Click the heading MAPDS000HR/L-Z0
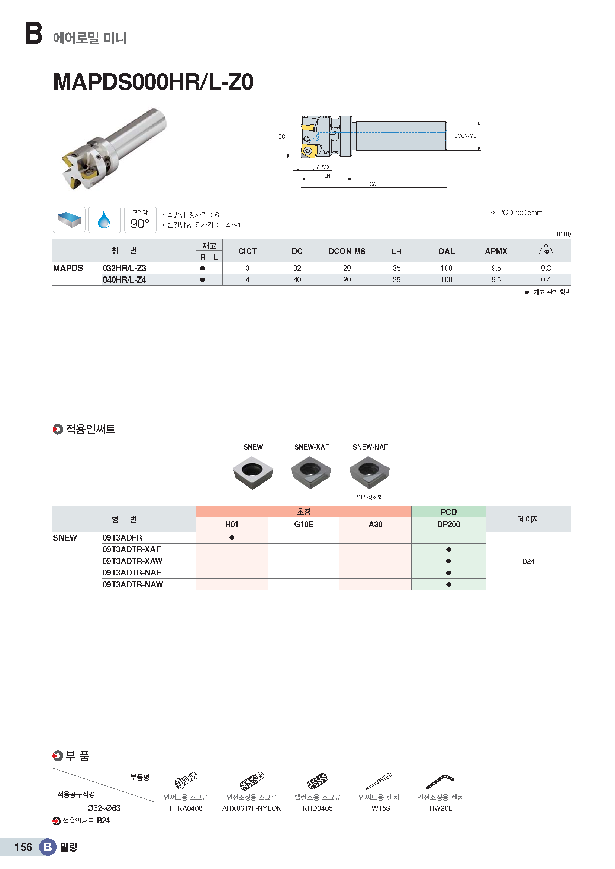153,82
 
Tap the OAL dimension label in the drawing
374,184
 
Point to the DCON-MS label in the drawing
465,136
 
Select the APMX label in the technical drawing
323,167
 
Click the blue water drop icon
104,220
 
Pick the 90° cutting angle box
140,220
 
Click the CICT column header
247,251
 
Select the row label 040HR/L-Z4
124,280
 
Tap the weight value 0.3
545,268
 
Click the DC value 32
297,268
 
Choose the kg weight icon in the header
546,250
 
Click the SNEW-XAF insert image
311,472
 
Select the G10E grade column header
303,524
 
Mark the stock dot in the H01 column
232,538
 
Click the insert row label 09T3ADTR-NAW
132,584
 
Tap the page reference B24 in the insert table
528,561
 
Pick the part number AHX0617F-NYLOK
251,808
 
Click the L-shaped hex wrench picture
440,781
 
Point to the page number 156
23,847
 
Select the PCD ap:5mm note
516,213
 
